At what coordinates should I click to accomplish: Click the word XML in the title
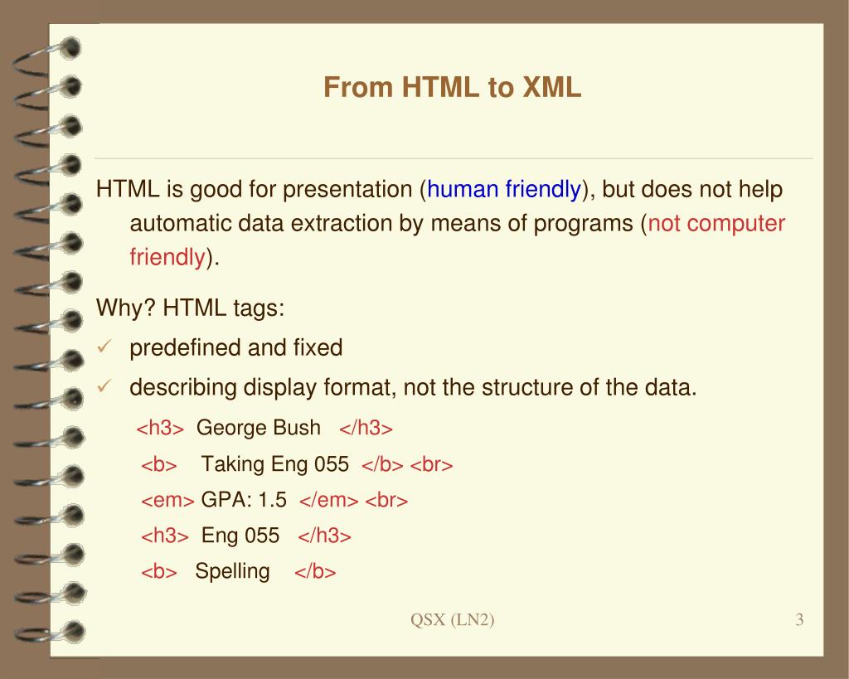[x=551, y=87]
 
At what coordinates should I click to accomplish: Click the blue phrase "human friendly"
[x=503, y=190]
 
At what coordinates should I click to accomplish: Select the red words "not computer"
[x=716, y=224]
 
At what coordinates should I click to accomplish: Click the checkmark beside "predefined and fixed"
[x=104, y=347]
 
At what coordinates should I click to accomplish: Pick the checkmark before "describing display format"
[x=104, y=386]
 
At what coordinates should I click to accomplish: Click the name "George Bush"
[x=258, y=428]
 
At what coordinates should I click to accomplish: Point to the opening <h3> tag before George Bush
[x=159, y=429]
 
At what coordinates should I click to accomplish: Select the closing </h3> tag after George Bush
[x=366, y=429]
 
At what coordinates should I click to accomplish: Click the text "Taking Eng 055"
[x=274, y=464]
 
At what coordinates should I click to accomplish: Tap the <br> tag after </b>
[x=431, y=465]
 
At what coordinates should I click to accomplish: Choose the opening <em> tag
[x=167, y=501]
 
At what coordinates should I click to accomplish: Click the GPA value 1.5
[x=272, y=500]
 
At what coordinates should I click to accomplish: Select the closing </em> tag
[x=329, y=501]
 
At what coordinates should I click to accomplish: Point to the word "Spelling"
[x=232, y=571]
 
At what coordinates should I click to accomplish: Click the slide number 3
[x=799, y=620]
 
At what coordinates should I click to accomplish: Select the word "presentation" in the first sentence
[x=348, y=190]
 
